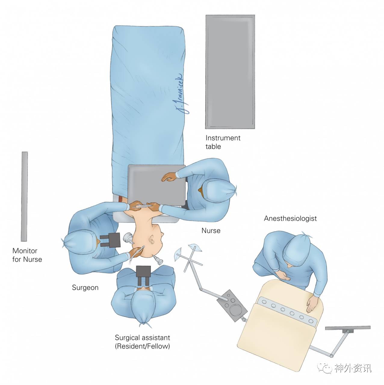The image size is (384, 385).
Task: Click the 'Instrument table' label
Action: (x=223, y=142)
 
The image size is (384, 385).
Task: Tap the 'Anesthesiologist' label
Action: (x=290, y=218)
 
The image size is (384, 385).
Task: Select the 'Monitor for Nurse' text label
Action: (x=27, y=255)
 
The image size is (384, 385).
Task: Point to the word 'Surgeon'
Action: (x=85, y=288)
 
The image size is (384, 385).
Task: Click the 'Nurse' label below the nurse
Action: (x=211, y=231)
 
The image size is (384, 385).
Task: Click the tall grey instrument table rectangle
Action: (x=230, y=72)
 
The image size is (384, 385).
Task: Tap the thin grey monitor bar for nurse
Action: (x=25, y=196)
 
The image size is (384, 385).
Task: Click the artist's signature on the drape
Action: (x=184, y=93)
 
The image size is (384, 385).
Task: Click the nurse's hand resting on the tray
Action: (x=169, y=178)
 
